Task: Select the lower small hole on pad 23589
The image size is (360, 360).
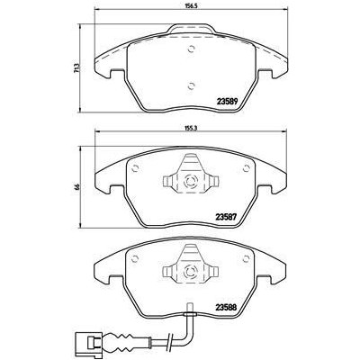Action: [190, 85]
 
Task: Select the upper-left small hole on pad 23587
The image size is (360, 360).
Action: [134, 165]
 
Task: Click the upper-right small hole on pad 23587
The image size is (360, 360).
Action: [246, 165]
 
